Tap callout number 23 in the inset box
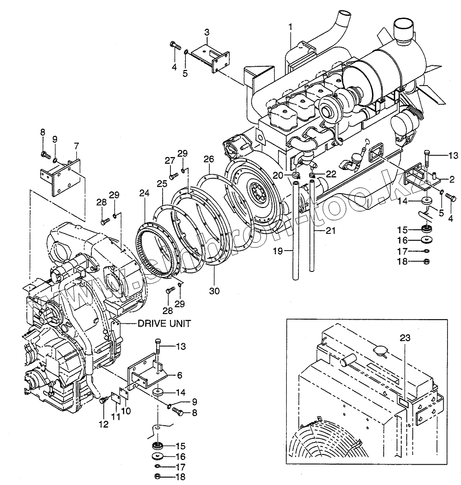[x=405, y=339]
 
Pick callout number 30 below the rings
[x=214, y=291]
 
